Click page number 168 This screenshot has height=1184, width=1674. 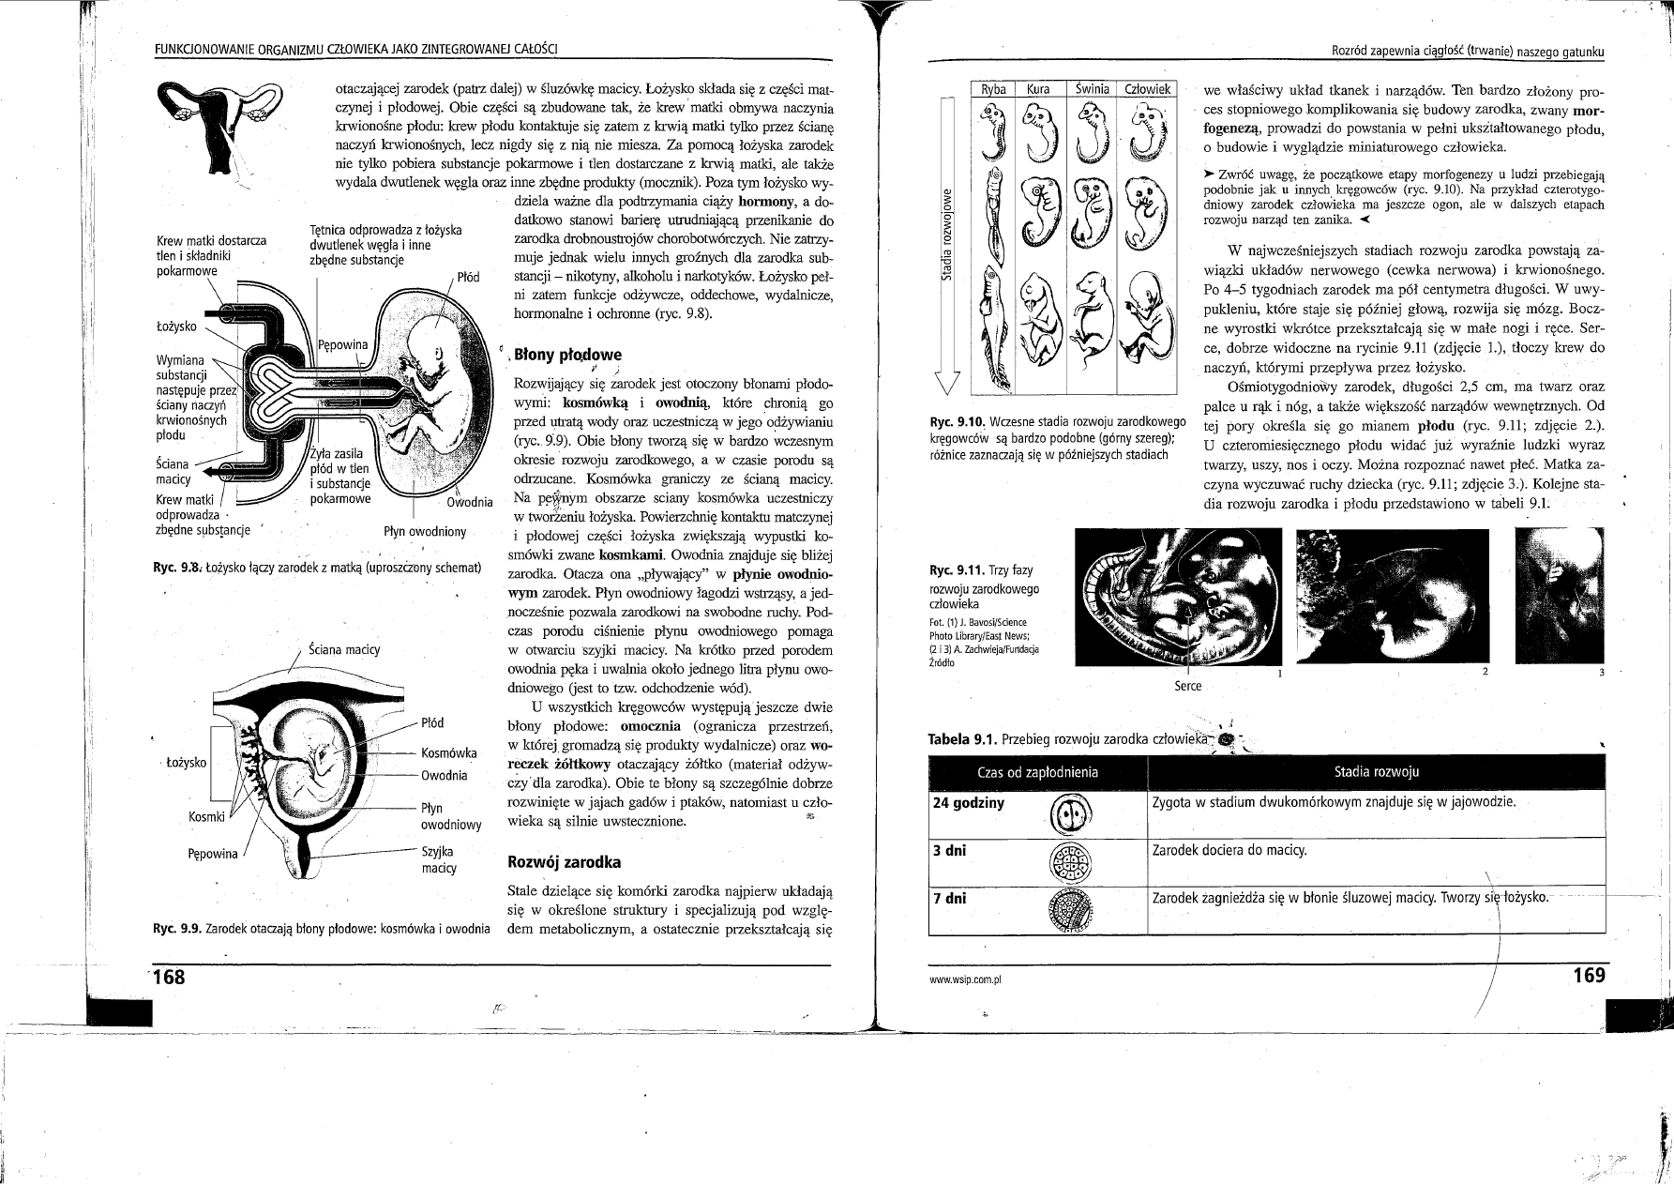point(170,977)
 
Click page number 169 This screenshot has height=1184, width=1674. point(1589,976)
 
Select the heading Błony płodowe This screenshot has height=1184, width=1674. point(564,356)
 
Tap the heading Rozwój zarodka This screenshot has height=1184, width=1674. point(550,861)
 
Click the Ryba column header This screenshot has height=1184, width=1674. point(993,89)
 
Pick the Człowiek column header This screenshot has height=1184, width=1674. point(1143,89)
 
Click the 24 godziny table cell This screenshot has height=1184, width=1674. point(968,803)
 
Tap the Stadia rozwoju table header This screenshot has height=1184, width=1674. point(1376,772)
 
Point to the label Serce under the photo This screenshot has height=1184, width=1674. point(1187,686)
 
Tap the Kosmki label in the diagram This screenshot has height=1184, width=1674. point(205,817)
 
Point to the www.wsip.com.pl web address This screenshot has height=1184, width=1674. point(965,979)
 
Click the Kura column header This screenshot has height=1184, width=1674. point(1038,89)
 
